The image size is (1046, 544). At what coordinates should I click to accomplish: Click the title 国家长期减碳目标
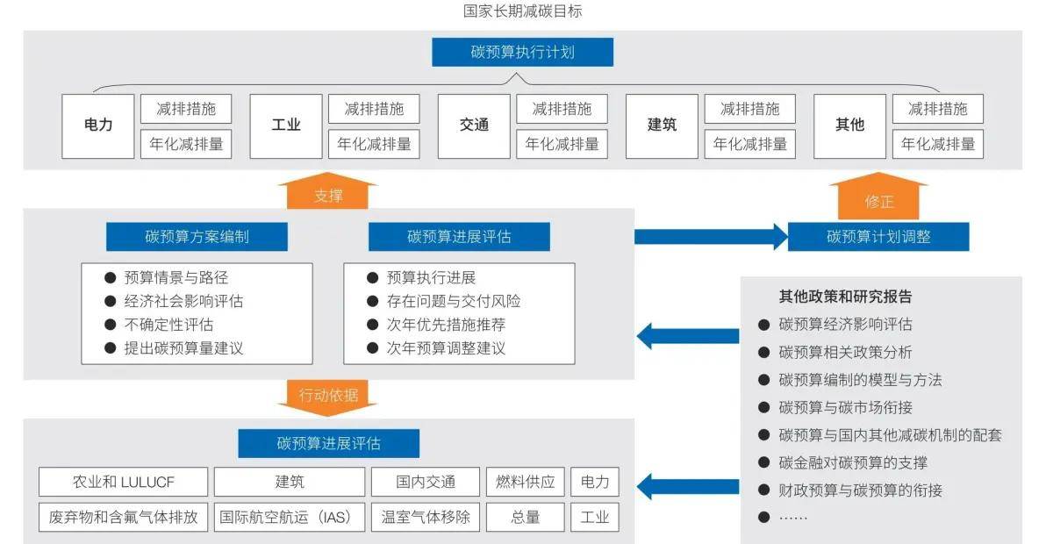pyautogui.click(x=522, y=11)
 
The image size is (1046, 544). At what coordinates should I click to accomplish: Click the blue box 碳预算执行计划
pyautogui.click(x=522, y=52)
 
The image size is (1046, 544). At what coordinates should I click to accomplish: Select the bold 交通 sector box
pyautogui.click(x=474, y=125)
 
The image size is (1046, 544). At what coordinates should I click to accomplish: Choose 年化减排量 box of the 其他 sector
pyautogui.click(x=938, y=144)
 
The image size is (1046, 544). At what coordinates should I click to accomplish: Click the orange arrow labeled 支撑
pyautogui.click(x=328, y=192)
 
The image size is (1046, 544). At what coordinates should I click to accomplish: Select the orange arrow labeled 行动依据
pyautogui.click(x=328, y=396)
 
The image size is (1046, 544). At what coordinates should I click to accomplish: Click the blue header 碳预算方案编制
pyautogui.click(x=197, y=236)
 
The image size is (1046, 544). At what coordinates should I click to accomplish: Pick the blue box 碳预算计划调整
pyautogui.click(x=878, y=236)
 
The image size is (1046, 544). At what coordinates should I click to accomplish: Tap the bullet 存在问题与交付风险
pyautogui.click(x=454, y=301)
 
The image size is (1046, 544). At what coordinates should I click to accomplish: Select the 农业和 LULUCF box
pyautogui.click(x=124, y=482)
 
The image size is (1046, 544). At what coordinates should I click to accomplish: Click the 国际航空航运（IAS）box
pyautogui.click(x=290, y=517)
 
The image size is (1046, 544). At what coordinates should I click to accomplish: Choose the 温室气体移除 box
pyautogui.click(x=426, y=517)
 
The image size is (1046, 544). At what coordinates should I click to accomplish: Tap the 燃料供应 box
pyautogui.click(x=526, y=482)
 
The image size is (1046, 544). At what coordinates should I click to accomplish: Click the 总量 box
pyautogui.click(x=526, y=517)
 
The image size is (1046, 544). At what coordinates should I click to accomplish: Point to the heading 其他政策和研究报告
pyautogui.click(x=845, y=297)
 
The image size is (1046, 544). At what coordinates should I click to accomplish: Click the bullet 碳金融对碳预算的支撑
pyautogui.click(x=853, y=462)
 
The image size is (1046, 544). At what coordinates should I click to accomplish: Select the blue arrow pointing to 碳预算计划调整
pyautogui.click(x=711, y=236)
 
